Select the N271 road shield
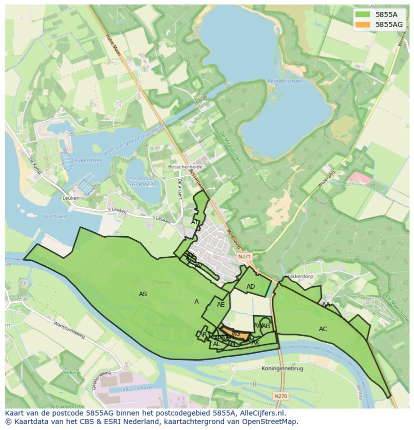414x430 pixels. pos(244,256)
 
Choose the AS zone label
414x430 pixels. pos(143,294)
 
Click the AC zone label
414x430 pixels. pos(323,329)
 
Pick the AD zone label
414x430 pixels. pos(250,287)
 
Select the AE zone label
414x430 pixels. pos(220,305)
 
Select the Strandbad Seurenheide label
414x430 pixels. pos(143,181)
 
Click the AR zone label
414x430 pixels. pos(202,335)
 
